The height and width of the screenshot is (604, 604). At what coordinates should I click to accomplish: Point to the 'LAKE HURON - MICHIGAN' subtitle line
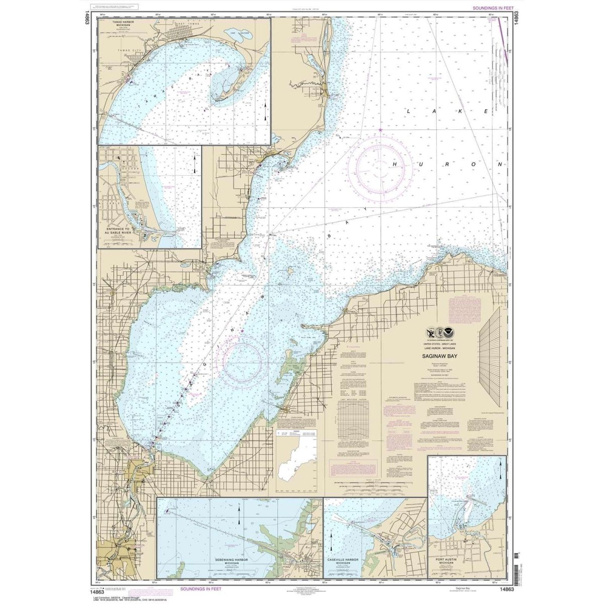point(443,347)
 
